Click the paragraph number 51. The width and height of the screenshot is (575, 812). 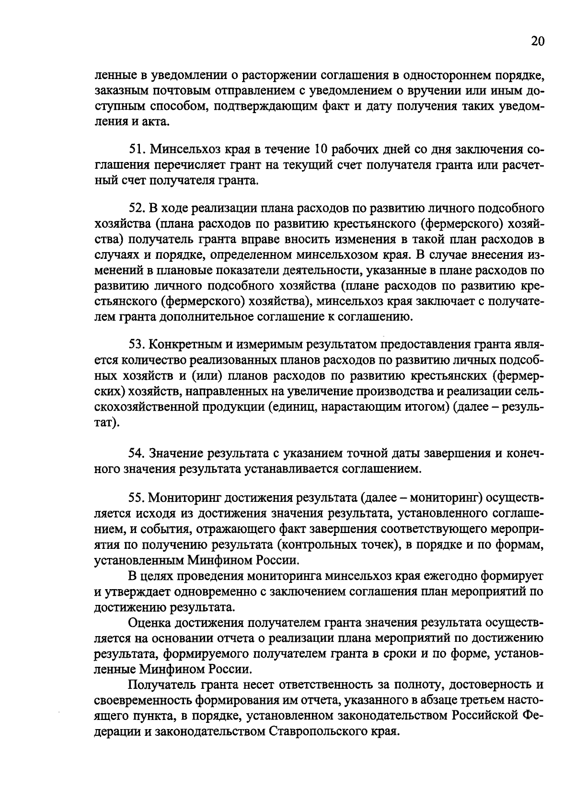(x=137, y=150)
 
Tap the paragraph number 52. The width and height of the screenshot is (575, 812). (x=137, y=209)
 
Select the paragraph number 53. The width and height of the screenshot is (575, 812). (x=137, y=345)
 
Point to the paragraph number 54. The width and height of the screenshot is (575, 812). (x=137, y=453)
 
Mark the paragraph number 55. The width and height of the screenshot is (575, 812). (x=137, y=498)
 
